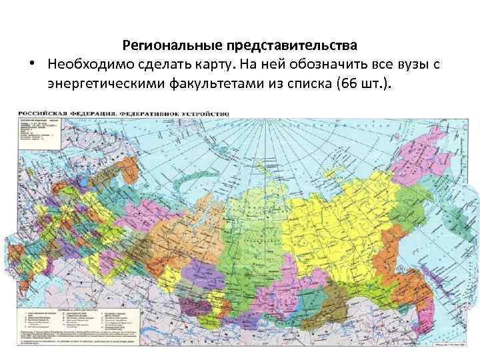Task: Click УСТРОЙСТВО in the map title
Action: tap(204, 114)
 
